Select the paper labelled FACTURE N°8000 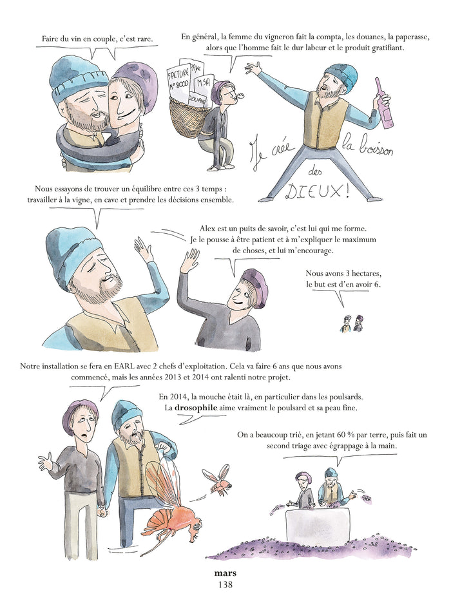coord(178,80)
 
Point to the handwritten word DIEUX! coord(318,191)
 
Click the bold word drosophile coord(196,408)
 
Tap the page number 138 coord(225,585)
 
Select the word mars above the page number coord(225,573)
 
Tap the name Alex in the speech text coord(207,229)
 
